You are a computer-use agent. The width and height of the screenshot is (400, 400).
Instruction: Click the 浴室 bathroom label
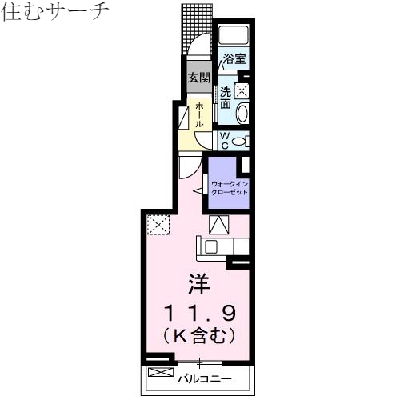coord(234,58)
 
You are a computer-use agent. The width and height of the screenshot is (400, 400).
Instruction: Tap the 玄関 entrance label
coord(199,78)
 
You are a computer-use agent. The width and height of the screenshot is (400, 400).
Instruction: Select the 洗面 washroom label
coord(226,98)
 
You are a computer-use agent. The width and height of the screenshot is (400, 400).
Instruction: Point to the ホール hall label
coord(198,115)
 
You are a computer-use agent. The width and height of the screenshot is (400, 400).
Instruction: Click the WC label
coord(225,141)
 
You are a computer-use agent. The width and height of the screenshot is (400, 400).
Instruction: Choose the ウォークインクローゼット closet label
coord(230,189)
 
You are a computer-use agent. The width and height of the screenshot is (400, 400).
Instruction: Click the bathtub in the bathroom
coord(234,37)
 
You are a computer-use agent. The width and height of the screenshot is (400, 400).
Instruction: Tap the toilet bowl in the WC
coord(242,141)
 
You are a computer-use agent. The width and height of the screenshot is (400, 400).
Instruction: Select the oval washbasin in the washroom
coord(242,111)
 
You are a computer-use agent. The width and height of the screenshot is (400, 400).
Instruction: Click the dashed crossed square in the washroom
coord(242,89)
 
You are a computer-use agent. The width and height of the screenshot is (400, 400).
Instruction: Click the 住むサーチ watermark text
coord(55,13)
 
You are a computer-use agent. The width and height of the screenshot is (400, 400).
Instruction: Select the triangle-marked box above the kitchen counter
coord(218,225)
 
